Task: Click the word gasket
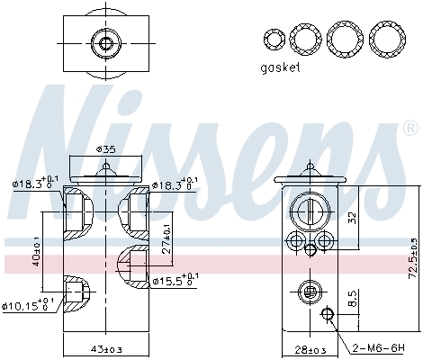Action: point(280,67)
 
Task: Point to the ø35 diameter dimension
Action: point(107,149)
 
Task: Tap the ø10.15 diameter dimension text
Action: point(34,306)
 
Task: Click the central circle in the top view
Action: point(107,43)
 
